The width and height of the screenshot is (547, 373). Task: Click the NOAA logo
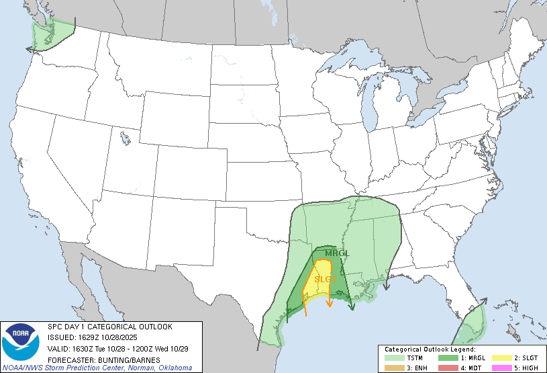20,343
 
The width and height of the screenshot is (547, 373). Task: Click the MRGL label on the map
337,253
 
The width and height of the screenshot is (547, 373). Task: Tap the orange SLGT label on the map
325,279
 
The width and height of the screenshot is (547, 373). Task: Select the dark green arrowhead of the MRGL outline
352,307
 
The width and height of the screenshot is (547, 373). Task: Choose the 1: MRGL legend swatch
445,358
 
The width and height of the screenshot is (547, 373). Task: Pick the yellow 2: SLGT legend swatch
498,358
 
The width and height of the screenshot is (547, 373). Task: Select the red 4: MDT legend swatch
445,367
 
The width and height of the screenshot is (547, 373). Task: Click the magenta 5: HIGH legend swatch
498,367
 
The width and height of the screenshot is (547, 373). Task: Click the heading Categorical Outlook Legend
430,349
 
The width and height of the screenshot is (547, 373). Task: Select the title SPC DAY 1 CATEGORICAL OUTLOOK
109,327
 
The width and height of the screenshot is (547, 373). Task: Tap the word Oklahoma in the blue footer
175,368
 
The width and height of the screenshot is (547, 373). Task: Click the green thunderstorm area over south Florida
470,329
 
